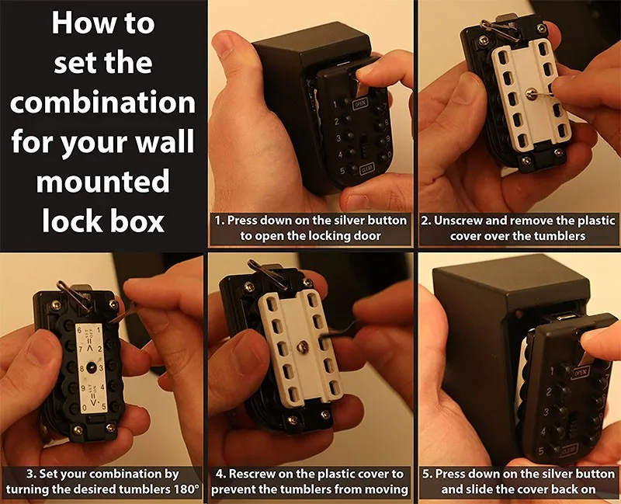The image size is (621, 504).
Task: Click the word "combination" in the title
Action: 103,103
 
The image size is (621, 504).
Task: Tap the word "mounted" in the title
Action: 103,182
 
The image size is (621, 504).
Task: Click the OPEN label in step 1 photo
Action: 360,104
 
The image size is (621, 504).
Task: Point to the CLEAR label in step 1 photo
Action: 366,169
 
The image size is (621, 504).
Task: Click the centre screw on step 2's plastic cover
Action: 530,93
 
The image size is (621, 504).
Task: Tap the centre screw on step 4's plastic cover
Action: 302,347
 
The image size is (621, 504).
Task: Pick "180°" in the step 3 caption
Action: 186,489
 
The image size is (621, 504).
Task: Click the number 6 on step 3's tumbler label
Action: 79,330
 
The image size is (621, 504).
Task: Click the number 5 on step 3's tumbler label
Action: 104,406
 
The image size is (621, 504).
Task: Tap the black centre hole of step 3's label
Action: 91,367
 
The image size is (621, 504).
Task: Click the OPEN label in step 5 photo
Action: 580,372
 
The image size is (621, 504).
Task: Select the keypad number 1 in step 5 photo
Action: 552,371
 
